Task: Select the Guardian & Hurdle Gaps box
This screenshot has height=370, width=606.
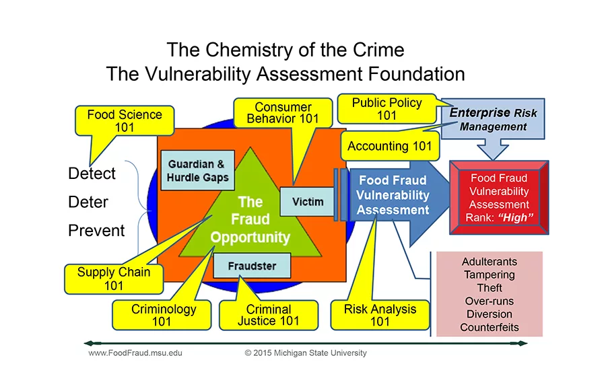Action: click(198, 171)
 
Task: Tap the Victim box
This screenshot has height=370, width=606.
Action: click(308, 201)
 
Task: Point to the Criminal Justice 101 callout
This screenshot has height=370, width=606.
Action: click(268, 315)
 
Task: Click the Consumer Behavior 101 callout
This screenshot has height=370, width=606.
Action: click(283, 113)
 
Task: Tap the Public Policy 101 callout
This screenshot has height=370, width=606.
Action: click(386, 109)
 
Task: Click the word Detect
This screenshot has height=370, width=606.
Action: click(92, 174)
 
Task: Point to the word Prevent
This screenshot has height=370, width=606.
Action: click(96, 231)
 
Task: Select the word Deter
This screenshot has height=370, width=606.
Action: click(88, 202)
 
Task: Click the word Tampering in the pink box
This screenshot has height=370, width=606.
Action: click(489, 274)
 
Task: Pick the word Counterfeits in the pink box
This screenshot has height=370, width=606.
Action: click(489, 327)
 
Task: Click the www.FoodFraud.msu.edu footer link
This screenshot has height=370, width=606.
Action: click(135, 353)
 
